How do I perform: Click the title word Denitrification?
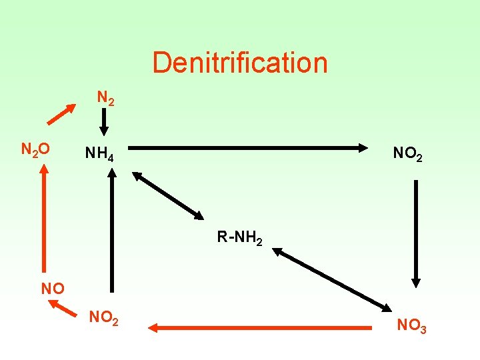tap(240, 63)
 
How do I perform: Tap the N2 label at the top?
tap(105, 98)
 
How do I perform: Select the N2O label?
tap(35, 150)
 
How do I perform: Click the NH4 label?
tap(99, 155)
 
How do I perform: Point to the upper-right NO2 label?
tap(407, 155)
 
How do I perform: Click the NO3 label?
tap(411, 326)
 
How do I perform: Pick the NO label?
tap(53, 289)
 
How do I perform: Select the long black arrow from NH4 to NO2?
tap(247, 148)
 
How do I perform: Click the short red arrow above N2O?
tap(61, 113)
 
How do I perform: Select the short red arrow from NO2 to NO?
tap(63, 307)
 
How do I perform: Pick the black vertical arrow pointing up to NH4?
tap(112, 230)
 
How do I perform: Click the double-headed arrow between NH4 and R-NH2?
tap(167, 195)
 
